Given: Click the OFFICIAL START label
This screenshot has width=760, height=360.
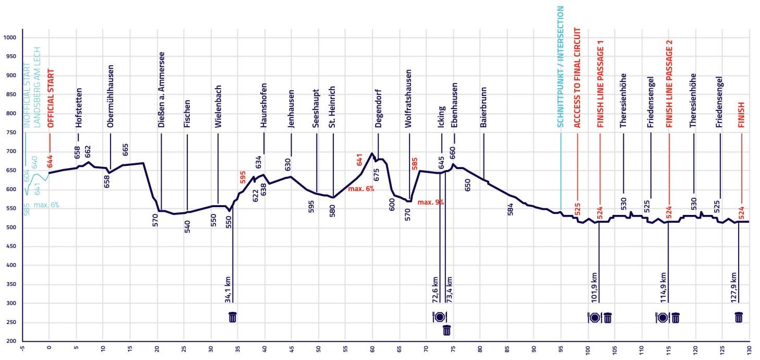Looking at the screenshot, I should pyautogui.click(x=51, y=99).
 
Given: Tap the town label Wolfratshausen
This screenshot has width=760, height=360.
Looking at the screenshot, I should pyautogui.click(x=408, y=99).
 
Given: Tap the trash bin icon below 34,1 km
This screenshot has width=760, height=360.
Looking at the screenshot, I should pyautogui.click(x=233, y=317).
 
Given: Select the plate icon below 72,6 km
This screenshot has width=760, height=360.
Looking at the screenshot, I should pyautogui.click(x=439, y=317).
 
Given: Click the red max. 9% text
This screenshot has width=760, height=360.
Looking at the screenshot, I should pyautogui.click(x=430, y=202).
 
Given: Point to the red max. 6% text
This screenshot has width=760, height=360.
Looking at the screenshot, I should pyautogui.click(x=361, y=189).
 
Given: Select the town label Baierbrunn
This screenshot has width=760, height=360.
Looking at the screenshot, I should pyautogui.click(x=484, y=108).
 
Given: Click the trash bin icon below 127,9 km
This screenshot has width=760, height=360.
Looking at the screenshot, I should pyautogui.click(x=739, y=317).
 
